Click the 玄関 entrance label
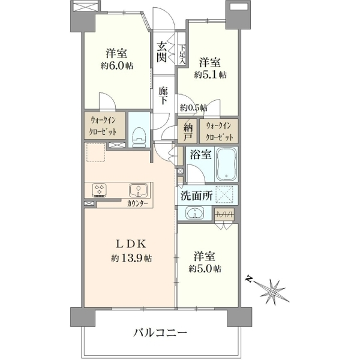(x=161, y=52)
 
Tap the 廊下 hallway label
(x=163, y=95)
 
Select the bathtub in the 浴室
(x=226, y=164)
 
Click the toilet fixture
(x=139, y=137)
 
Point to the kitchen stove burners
(x=99, y=190)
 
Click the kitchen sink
(x=138, y=190)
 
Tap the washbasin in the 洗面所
(x=194, y=212)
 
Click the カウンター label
(x=137, y=203)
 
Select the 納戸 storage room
(x=188, y=131)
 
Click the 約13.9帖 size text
(x=131, y=259)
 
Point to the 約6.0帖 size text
(x=116, y=66)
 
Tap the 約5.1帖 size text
(x=210, y=74)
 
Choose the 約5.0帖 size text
(x=205, y=268)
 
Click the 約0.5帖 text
(x=193, y=107)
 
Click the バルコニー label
(x=160, y=332)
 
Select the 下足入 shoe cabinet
(x=182, y=55)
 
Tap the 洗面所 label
(x=197, y=196)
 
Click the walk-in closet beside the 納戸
(x=219, y=131)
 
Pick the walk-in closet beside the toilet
(x=104, y=125)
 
